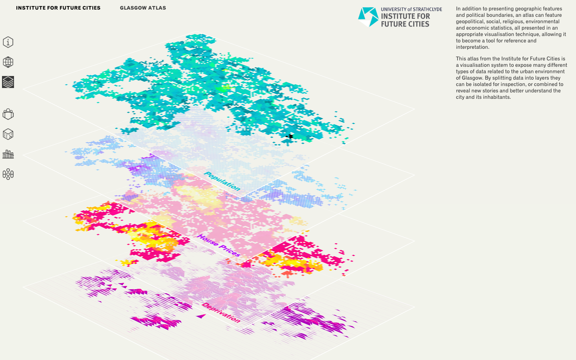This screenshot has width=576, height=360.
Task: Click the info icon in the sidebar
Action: coord(8,42)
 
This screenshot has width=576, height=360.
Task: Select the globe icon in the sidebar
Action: coord(8,62)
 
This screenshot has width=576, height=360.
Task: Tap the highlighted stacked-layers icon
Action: coord(8,82)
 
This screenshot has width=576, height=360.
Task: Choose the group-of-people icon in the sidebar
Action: coord(8,114)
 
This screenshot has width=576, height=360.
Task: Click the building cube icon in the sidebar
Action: coord(8,134)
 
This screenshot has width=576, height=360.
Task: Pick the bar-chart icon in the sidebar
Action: coord(8,154)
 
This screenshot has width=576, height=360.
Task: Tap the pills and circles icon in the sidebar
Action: coord(8,174)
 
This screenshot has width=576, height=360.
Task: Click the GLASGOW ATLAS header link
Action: coord(143,8)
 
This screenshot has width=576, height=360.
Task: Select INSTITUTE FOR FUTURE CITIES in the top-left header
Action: coord(58,8)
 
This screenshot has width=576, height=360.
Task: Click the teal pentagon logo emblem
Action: coord(368,17)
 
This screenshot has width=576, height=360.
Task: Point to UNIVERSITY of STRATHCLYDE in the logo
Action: coord(411,9)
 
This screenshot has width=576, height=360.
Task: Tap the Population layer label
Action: coord(222,181)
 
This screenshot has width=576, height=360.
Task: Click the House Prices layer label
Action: coord(219,246)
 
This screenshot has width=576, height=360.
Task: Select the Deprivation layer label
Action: coord(221,312)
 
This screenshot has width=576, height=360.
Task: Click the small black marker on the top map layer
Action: coord(290,137)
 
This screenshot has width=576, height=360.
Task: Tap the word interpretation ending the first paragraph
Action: coord(472,47)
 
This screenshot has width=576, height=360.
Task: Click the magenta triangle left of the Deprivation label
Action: coord(201,316)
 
